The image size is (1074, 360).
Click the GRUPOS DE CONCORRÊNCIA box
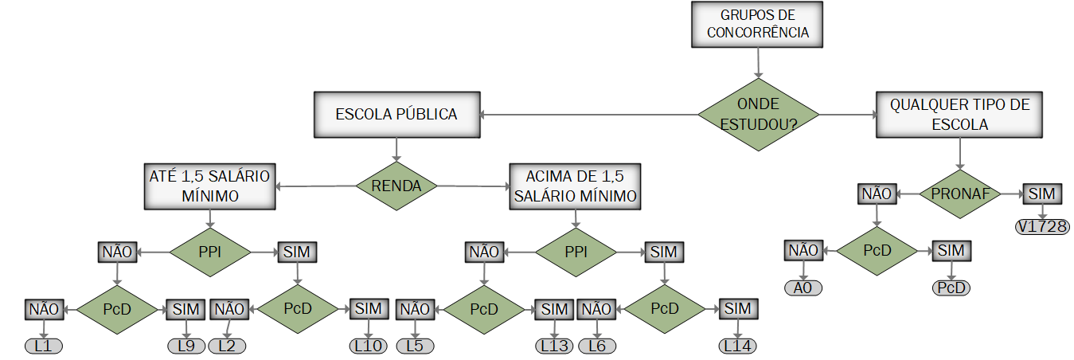tap(757, 24)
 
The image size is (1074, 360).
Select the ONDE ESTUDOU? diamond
tap(757, 115)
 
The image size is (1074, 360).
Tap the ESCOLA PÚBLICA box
tap(396, 115)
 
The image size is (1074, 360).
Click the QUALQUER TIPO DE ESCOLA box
tap(959, 115)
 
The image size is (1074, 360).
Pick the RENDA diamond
tap(396, 186)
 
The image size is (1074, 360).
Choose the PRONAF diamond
tap(959, 194)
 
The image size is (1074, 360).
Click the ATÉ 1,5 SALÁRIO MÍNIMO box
tap(209, 186)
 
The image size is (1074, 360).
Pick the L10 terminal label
tap(368, 346)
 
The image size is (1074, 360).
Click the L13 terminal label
tap(553, 346)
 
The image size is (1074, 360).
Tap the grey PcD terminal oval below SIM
tap(951, 288)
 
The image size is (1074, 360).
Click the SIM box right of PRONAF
tap(1041, 194)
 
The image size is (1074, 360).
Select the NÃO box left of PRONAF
tap(877, 194)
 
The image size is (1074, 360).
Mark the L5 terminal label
tap(416, 346)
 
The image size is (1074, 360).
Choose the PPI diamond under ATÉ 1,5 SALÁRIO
tap(209, 252)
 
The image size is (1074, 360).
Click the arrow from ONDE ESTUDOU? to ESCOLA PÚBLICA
tap(589, 115)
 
